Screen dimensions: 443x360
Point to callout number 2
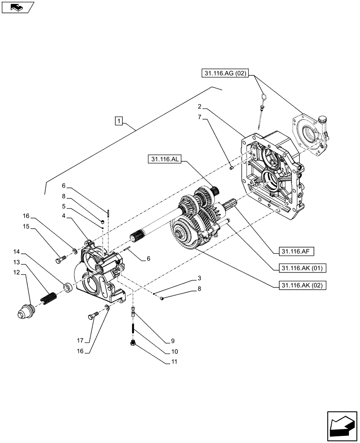(200, 107)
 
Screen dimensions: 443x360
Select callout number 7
(200, 117)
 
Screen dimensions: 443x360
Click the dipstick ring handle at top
(263, 97)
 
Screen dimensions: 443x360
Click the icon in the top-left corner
(17, 7)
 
